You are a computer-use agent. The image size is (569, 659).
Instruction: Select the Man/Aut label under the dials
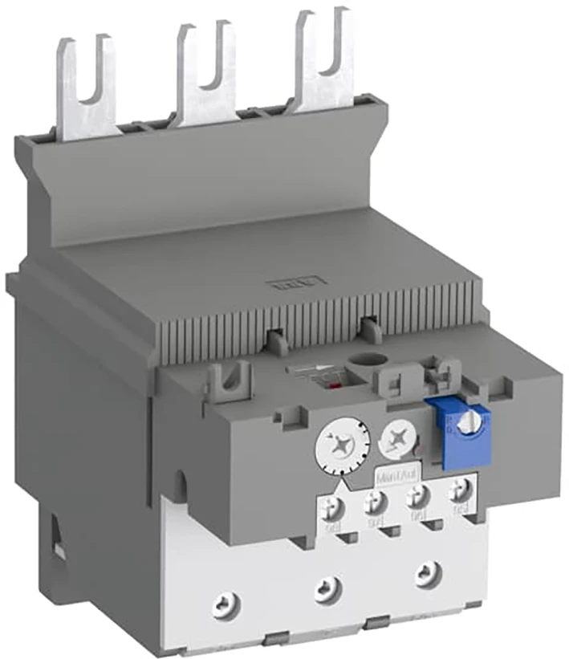(x=396, y=475)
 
